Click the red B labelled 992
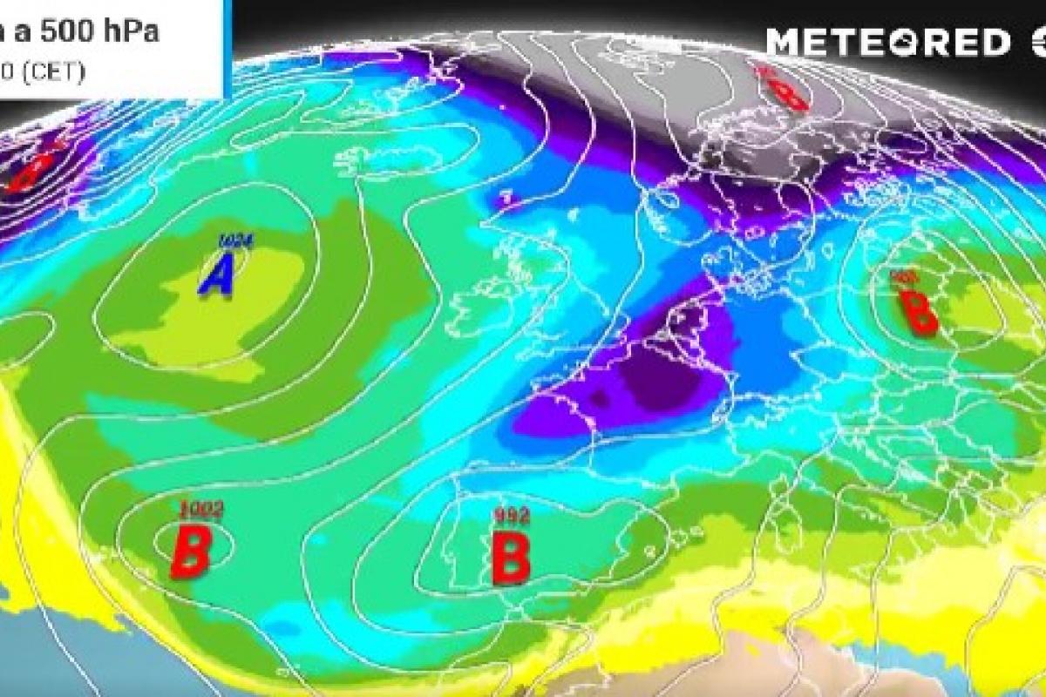[511, 558]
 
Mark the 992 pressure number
[511, 516]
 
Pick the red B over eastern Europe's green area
[918, 314]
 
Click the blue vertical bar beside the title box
[228, 48]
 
